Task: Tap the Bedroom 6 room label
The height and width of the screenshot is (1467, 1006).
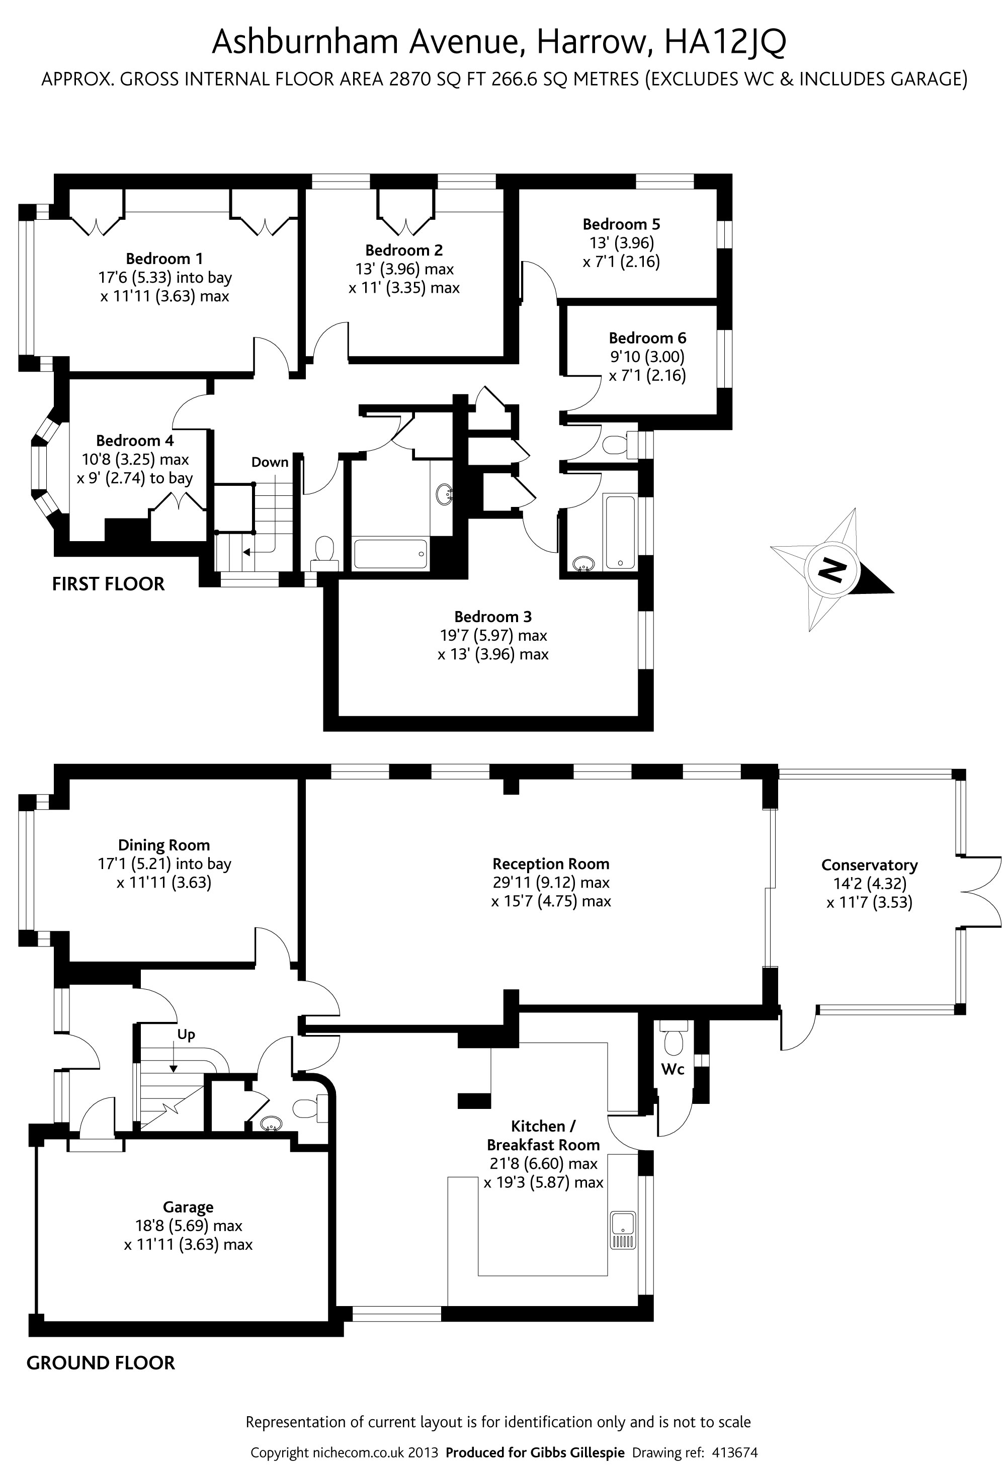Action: point(647,338)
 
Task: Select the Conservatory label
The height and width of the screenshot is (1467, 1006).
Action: point(869,865)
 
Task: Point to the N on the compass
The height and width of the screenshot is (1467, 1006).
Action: point(831,571)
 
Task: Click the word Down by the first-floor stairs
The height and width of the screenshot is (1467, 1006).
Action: point(270,462)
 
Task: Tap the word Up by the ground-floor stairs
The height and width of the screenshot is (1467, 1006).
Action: point(186,1034)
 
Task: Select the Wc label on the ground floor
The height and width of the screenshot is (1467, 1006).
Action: point(673,1069)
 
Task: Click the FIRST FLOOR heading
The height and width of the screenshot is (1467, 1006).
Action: point(108,584)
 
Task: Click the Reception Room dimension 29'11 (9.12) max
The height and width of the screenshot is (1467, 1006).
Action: point(551,883)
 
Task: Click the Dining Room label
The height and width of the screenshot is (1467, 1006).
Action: point(163,845)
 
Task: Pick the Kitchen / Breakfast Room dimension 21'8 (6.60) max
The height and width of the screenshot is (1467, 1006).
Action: point(543,1163)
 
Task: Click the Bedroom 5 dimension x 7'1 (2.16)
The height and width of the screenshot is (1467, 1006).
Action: point(621,262)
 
